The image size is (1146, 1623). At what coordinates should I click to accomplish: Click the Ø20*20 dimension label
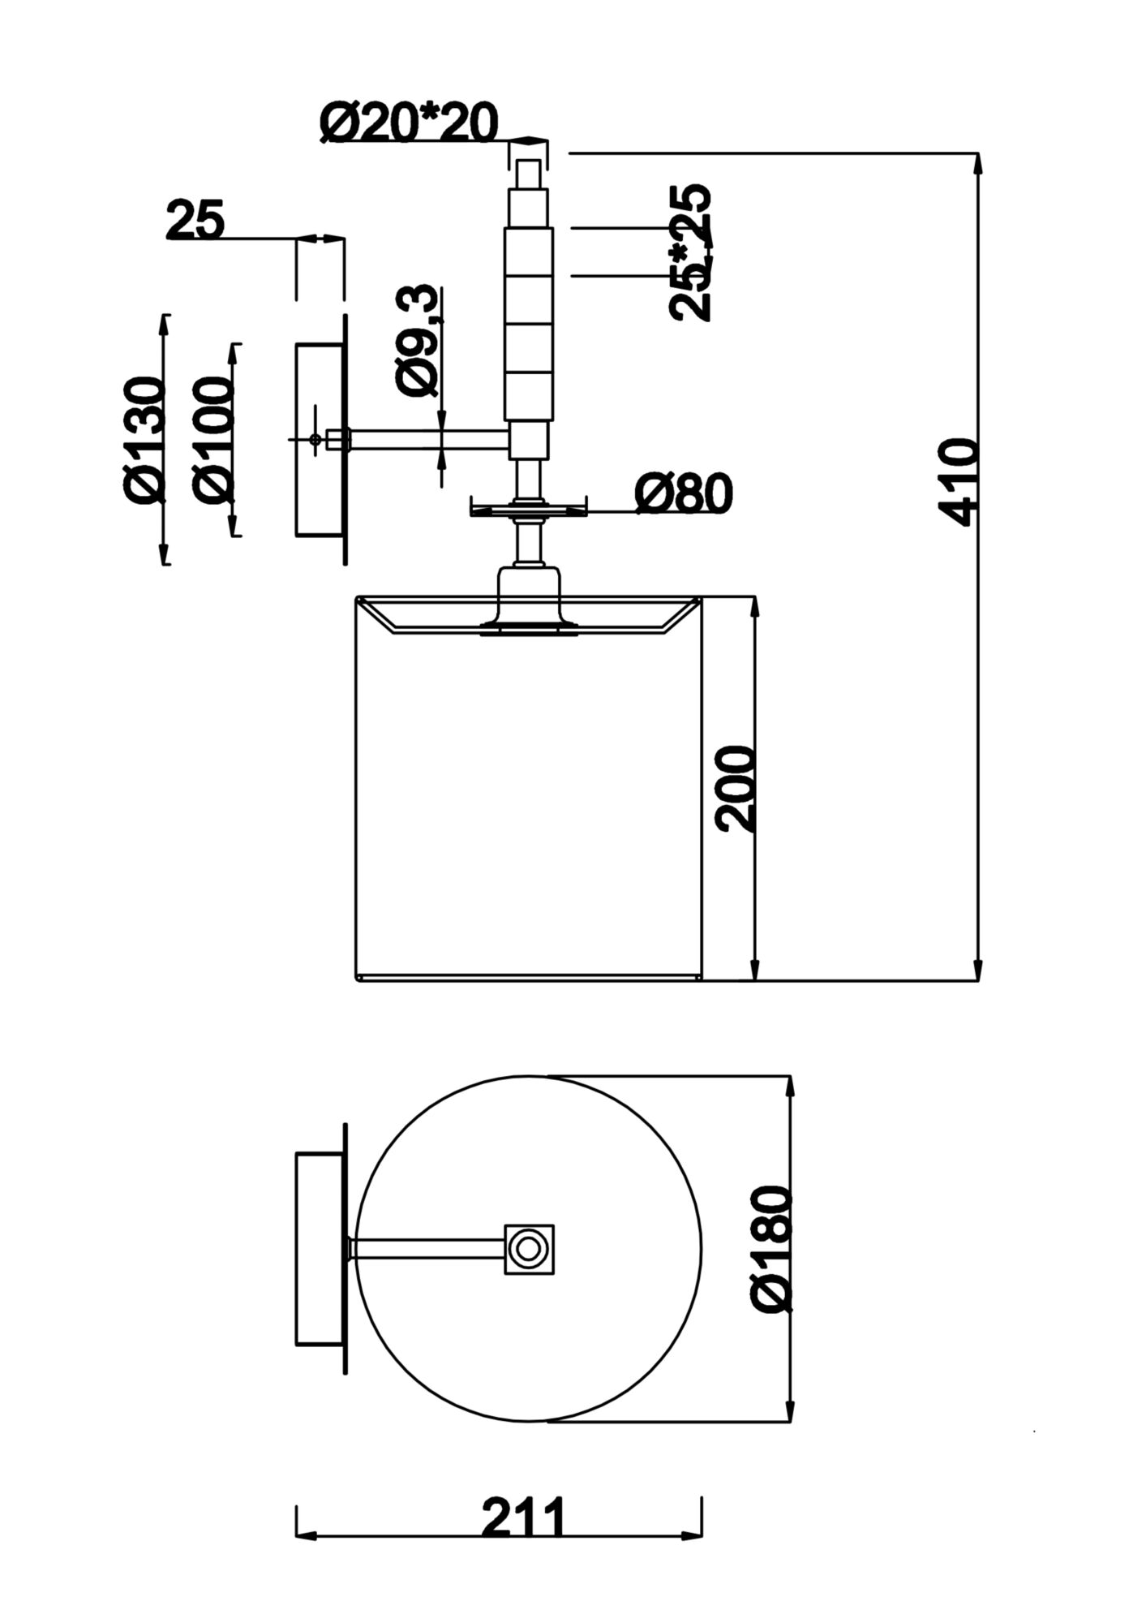[x=408, y=124]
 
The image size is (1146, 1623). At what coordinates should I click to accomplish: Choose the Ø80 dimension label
[x=683, y=493]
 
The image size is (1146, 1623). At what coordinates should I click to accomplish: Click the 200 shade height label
[x=736, y=789]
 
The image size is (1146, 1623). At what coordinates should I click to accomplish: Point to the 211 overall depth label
[x=522, y=1517]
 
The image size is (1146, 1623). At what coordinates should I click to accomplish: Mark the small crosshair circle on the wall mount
[x=315, y=439]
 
